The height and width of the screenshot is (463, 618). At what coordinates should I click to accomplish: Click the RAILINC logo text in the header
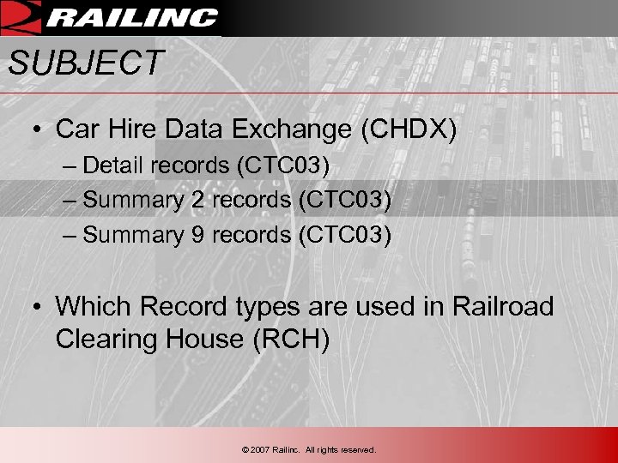pos(133,17)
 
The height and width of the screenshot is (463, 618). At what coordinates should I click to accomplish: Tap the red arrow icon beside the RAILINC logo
pos(21,16)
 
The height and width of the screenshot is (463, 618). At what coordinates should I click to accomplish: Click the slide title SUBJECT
pos(85,63)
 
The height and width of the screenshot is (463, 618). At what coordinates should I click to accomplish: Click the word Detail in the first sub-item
pos(114,165)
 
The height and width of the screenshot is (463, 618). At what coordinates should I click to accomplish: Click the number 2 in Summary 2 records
pos(197,200)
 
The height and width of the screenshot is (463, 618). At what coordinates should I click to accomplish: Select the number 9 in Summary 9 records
pos(197,235)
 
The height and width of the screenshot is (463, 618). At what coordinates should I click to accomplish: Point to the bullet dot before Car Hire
pos(39,130)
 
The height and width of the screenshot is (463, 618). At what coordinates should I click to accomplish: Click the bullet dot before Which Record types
pos(39,307)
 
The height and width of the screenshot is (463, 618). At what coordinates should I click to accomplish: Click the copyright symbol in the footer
pos(245,449)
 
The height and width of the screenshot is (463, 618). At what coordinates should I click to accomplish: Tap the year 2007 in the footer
pos(260,449)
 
